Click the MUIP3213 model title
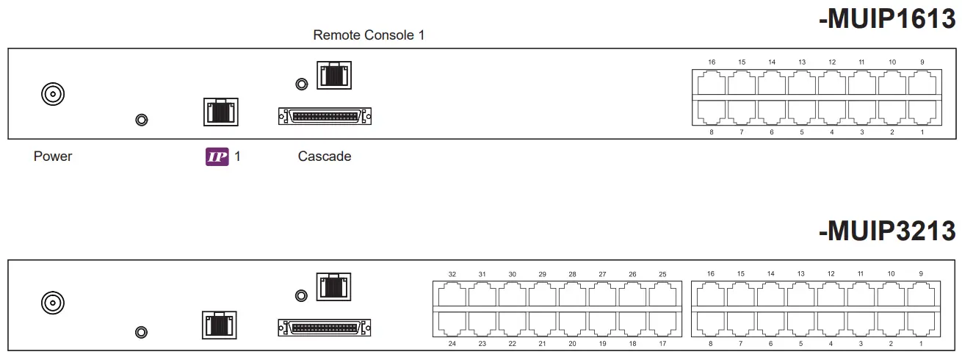coord(887,231)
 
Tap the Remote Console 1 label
coord(369,35)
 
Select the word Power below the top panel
coord(53,156)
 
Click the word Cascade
coord(325,156)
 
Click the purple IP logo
coord(217,156)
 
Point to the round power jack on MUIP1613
coord(52,94)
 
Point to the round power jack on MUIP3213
coord(52,302)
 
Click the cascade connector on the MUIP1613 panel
coord(325,116)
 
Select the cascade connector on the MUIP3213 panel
coord(325,327)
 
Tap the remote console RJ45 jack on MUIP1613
coord(334,76)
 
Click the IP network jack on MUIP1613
coord(220,112)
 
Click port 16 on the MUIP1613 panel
coord(712,83)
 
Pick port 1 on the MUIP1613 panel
coord(922,110)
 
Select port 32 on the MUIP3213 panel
coord(452,295)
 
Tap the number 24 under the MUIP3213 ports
coord(452,343)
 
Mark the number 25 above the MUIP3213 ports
coord(662,274)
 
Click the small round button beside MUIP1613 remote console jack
coord(300,84)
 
